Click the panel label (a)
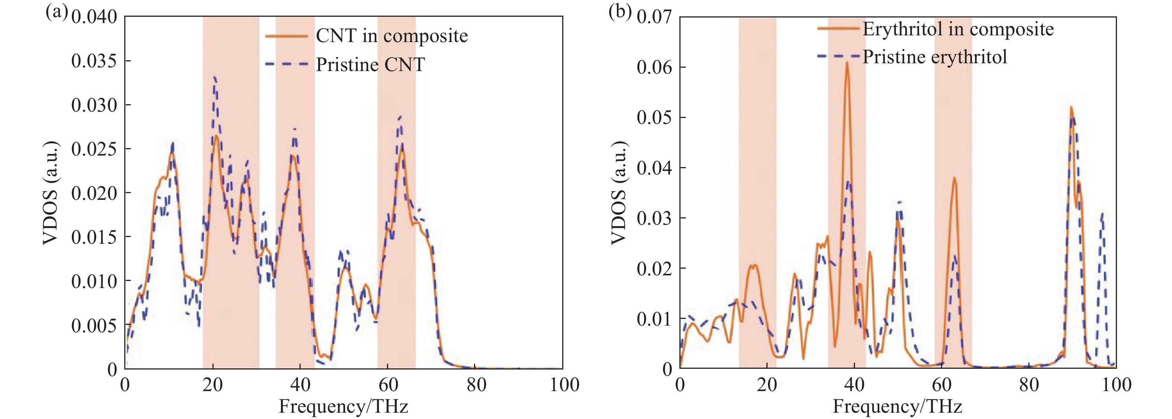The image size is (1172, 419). [x=57, y=12]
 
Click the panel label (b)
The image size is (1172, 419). [x=619, y=12]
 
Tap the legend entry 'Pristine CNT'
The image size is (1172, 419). [x=370, y=65]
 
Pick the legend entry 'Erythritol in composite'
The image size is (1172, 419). [x=958, y=29]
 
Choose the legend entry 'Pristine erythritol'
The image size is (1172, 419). [x=935, y=57]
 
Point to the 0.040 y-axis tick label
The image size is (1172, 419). [x=94, y=17]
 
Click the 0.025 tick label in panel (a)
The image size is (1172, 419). [x=94, y=149]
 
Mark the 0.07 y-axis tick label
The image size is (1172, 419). [x=654, y=17]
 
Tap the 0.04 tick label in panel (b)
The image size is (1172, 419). [x=654, y=168]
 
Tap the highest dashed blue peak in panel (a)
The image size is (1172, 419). [x=214, y=77]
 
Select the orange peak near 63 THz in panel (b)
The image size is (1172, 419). [x=954, y=178]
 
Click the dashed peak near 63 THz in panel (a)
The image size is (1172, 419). [x=400, y=116]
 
